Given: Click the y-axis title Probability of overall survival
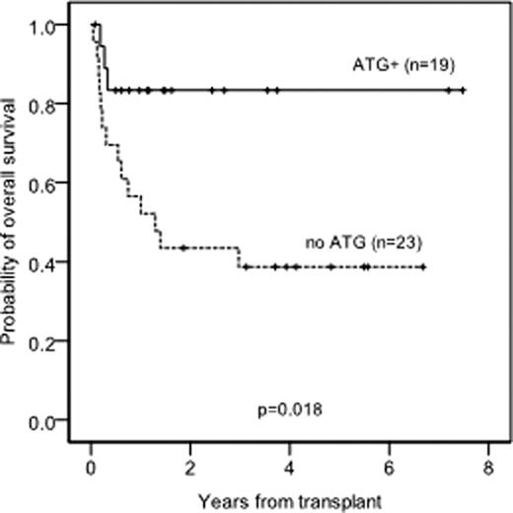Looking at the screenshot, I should click(x=13, y=226).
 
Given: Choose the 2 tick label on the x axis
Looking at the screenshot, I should click(x=190, y=469).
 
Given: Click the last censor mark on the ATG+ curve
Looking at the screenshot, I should click(x=464, y=90).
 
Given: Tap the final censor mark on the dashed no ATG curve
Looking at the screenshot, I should click(x=423, y=266).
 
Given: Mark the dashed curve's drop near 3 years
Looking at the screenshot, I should click(x=239, y=257).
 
